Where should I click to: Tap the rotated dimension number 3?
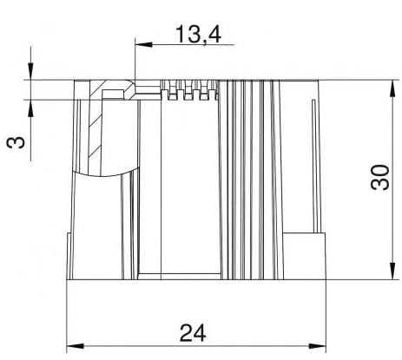(x=16, y=140)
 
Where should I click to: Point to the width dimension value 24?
(x=195, y=332)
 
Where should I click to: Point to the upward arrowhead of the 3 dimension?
(x=30, y=107)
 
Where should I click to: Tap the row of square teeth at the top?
(x=187, y=92)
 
